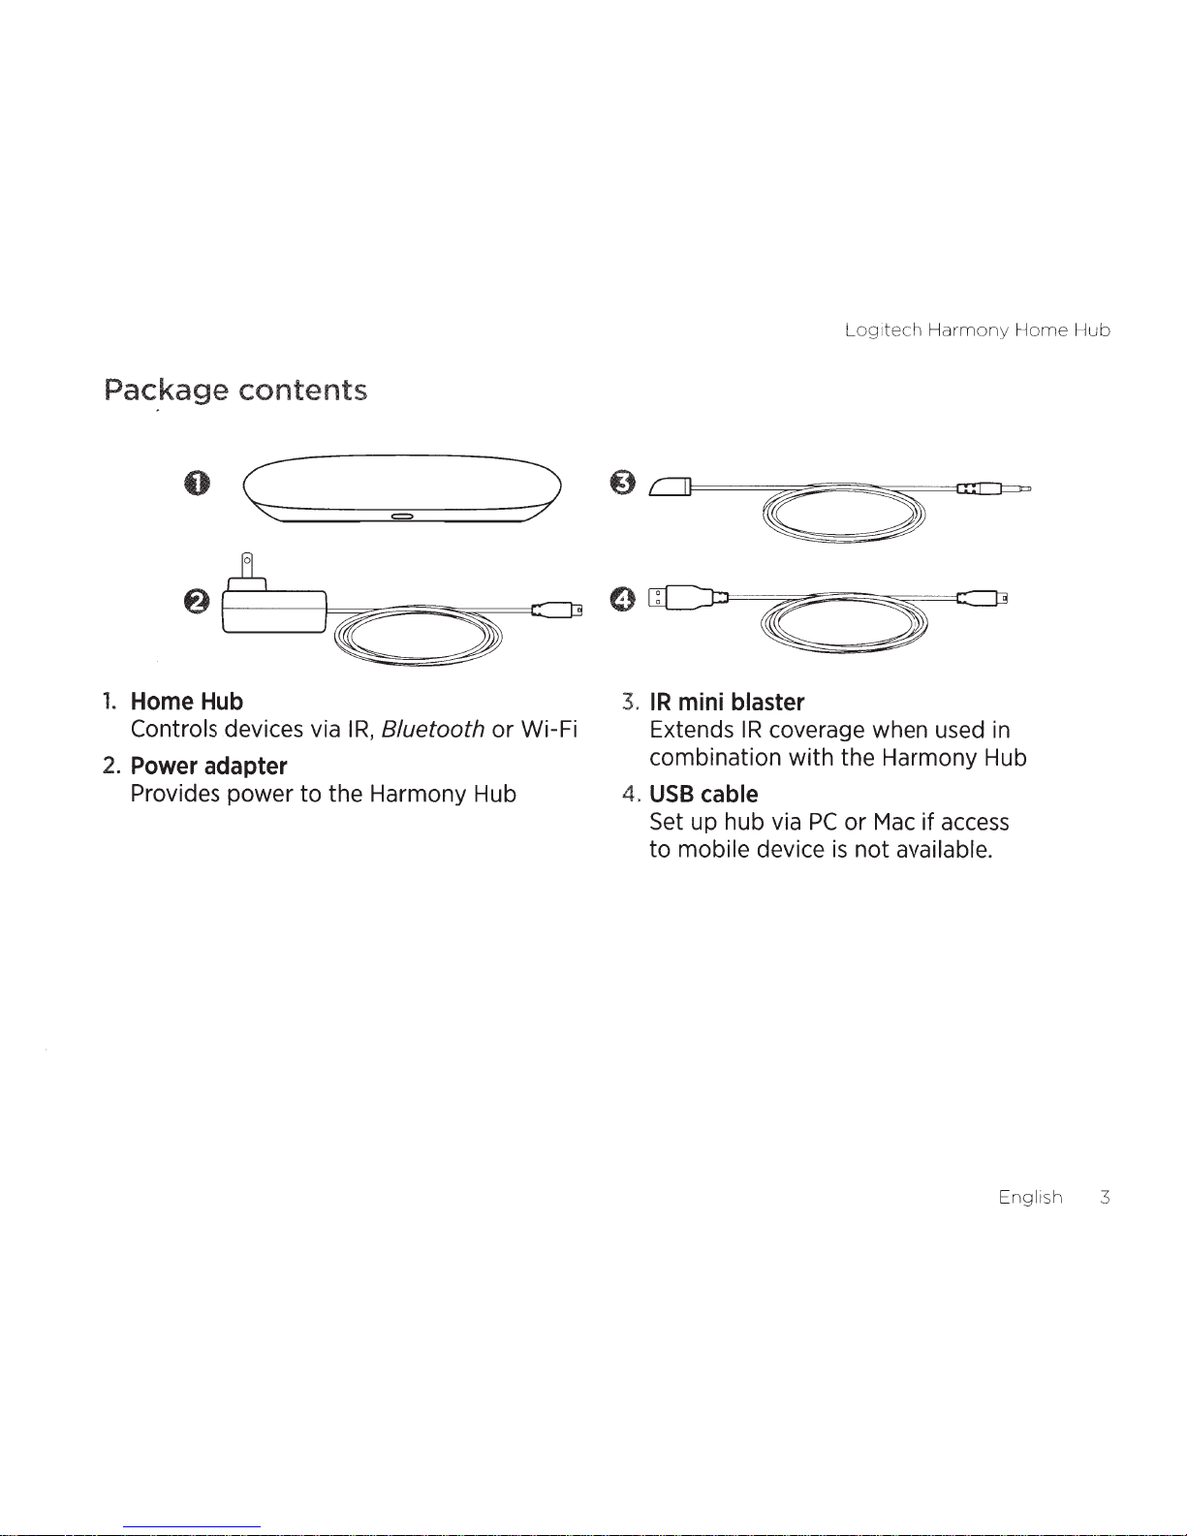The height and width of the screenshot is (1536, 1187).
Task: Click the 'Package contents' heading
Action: click(235, 391)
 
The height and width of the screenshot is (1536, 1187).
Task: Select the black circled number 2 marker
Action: click(197, 602)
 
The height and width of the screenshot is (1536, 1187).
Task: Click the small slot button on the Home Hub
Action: click(402, 517)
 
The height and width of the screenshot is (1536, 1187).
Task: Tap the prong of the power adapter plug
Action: click(247, 564)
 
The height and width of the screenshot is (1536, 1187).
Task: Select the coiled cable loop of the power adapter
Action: click(418, 635)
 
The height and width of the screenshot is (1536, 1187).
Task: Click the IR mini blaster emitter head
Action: click(672, 486)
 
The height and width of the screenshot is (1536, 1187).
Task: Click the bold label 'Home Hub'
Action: click(187, 702)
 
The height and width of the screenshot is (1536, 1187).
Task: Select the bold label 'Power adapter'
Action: click(209, 767)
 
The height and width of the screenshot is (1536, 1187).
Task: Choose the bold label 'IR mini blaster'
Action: click(727, 703)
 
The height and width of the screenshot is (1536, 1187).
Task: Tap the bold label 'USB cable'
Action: click(703, 795)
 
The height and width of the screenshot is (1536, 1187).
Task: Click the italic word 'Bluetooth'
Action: click(432, 730)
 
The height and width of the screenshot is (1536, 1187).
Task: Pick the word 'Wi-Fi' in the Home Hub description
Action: click(548, 730)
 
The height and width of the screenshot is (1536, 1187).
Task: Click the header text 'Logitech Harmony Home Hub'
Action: click(977, 330)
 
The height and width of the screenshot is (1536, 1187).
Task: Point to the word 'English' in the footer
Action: click(1030, 1198)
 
